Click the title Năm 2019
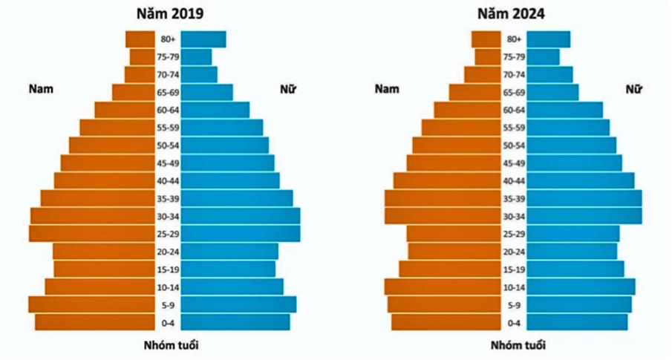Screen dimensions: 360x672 coord(166,13)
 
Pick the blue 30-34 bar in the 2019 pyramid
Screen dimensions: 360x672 coord(241,216)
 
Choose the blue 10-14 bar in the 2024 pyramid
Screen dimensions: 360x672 coord(581,287)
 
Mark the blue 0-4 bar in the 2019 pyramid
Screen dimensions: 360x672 coord(235,322)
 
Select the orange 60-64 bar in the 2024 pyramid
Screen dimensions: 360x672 coord(468,110)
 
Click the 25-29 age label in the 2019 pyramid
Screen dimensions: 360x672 coord(167,235)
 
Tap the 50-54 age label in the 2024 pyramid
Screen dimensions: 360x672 coord(515,145)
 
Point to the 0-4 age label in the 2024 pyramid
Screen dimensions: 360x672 coord(515,323)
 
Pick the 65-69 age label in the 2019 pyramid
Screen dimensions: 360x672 coord(167,93)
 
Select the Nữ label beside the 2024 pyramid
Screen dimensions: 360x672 coord(633,89)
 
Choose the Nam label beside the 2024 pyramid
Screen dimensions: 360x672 coord(387,89)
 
